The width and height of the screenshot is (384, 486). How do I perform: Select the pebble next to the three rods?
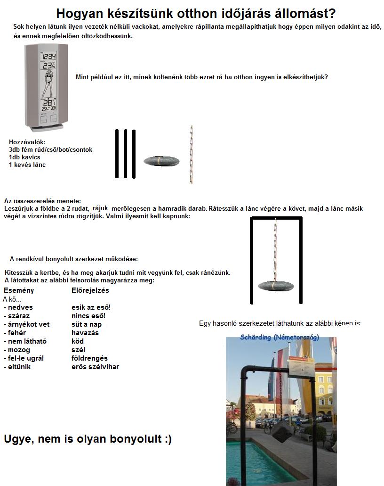pyautogui.click(x=161, y=161)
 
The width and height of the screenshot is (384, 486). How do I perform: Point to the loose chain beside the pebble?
pyautogui.click(x=191, y=154)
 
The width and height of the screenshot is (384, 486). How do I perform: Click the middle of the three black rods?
pyautogui.click(x=125, y=154)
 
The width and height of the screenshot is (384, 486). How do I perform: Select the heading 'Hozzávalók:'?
pyautogui.click(x=27, y=142)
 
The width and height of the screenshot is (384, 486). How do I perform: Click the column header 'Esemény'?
pyautogui.click(x=19, y=290)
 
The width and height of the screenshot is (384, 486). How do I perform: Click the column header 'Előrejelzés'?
pyautogui.click(x=90, y=290)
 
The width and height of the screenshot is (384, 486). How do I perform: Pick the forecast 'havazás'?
pyautogui.click(x=85, y=333)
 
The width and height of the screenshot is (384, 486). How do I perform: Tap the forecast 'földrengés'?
pyautogui.click(x=89, y=358)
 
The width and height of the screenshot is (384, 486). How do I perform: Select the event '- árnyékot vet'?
pyautogui.click(x=26, y=324)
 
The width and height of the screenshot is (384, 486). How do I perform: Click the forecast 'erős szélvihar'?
pyautogui.click(x=96, y=367)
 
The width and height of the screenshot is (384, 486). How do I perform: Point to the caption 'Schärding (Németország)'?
pyautogui.click(x=280, y=338)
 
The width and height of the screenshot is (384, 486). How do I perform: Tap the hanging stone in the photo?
pyautogui.click(x=281, y=431)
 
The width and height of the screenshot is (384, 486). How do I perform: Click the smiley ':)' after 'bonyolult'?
pyautogui.click(x=167, y=439)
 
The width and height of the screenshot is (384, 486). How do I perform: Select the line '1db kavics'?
pyautogui.click(x=24, y=157)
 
